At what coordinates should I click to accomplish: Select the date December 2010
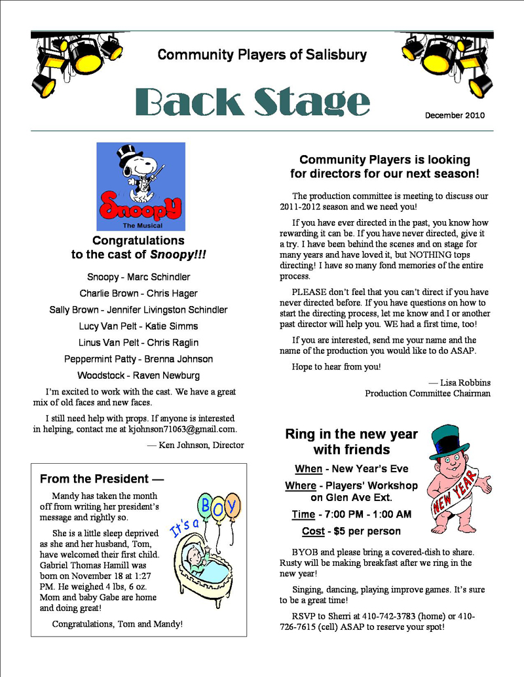coord(455,115)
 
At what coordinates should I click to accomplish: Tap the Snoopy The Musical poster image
coord(141,186)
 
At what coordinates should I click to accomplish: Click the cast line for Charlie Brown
coord(138,293)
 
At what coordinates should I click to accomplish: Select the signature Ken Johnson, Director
coord(196,445)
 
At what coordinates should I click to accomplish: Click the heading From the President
coord(102,479)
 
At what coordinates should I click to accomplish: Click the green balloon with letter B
coord(206,504)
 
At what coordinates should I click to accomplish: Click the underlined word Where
coord(301,485)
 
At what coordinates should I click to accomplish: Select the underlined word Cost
coord(313,530)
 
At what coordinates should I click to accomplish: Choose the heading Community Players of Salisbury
coord(262,55)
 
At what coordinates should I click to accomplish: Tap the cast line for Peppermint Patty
coord(138,359)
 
